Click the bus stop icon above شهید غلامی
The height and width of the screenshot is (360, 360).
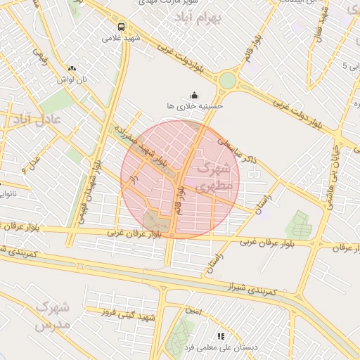click(122, 27)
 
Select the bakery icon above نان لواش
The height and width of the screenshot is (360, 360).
click(72, 69)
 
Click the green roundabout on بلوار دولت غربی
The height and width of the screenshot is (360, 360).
click(227, 80)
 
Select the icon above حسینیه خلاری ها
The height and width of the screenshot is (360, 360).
click(194, 95)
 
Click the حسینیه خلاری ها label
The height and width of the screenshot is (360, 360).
click(195, 105)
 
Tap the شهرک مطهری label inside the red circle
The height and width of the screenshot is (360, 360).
click(214, 178)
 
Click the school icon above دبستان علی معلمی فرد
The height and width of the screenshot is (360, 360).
click(219, 337)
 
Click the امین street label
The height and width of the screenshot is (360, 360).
click(193, 310)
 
